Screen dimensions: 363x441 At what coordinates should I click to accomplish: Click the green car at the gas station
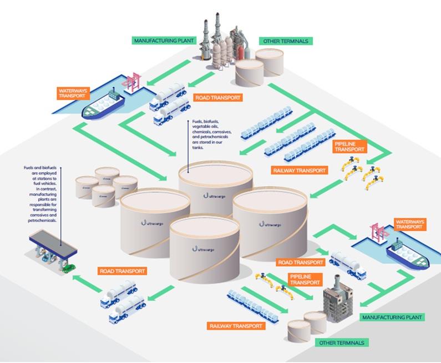(x=68, y=268)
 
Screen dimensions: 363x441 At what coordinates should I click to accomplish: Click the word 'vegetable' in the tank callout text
(x=201, y=128)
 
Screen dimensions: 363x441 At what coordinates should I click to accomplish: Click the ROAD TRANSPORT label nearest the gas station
(x=123, y=271)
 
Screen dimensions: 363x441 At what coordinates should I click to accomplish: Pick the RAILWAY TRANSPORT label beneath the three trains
(x=300, y=170)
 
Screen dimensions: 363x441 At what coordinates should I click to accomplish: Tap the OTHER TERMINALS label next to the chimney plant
(x=285, y=41)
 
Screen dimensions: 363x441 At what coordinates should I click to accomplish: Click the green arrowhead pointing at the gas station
(x=77, y=276)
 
